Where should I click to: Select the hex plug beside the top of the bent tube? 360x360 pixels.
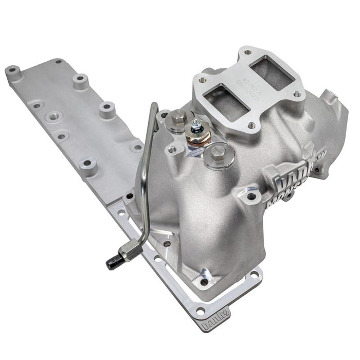point(178,119)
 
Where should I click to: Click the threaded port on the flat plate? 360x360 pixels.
point(53,117)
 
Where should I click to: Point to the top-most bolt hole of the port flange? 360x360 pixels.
point(247,52)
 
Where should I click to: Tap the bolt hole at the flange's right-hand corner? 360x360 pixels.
point(297,94)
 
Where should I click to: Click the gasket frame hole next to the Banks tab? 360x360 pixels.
point(200,311)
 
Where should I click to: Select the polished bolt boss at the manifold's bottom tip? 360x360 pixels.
point(205,281)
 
